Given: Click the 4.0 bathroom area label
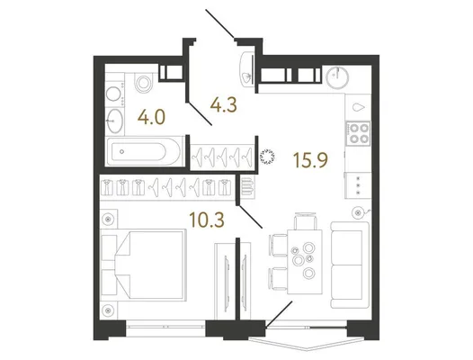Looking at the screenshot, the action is click(151, 118).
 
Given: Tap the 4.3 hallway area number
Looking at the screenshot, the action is click(224, 105).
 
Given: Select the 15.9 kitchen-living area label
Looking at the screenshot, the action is click(311, 160).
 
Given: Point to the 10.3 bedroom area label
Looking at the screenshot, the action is click(207, 220).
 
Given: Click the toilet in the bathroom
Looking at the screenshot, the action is click(143, 82).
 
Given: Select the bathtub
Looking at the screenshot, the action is click(144, 151).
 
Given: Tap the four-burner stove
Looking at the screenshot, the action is click(358, 133).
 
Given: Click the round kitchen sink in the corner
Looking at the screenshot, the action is click(337, 77).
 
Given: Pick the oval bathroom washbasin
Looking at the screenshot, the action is click(114, 121).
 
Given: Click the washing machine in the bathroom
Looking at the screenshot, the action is click(114, 94).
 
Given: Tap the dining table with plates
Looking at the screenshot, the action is click(305, 262).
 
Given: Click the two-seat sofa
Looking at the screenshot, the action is click(350, 265).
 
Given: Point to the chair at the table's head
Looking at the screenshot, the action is click(305, 220).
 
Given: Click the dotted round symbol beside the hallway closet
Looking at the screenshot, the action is click(267, 156).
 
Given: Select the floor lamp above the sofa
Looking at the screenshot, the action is click(359, 213).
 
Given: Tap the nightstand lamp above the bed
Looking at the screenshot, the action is click(108, 220).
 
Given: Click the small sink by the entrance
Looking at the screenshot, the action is click(246, 70).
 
